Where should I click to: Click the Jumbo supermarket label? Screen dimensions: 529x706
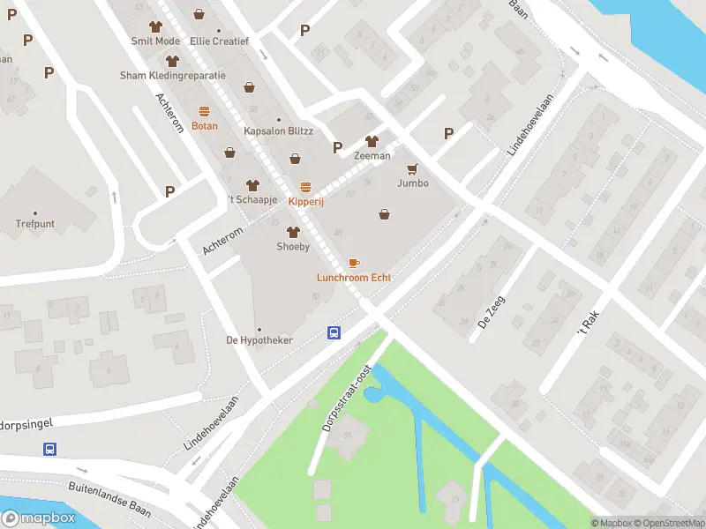point(413,183)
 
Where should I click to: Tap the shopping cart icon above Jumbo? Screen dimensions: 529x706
point(412,168)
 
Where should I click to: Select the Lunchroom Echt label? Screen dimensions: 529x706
point(354,278)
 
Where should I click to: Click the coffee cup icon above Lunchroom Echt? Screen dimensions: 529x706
point(354,263)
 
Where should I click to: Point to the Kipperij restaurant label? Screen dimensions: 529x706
point(305,201)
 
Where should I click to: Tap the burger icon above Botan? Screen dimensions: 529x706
point(205,111)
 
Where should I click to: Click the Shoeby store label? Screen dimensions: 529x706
point(293,247)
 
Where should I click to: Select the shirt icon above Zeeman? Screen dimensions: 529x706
point(372,141)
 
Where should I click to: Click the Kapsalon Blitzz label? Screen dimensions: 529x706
point(278,131)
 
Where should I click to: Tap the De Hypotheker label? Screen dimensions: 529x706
point(259,340)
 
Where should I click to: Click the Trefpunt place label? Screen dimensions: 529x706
point(35,224)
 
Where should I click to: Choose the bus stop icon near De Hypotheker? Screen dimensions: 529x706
point(334,332)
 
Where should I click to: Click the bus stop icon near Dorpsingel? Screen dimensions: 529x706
point(50,449)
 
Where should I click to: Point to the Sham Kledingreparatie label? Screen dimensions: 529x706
point(173,76)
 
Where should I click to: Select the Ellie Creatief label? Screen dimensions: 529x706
point(219,41)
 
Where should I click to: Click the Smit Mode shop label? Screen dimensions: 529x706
point(155,41)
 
